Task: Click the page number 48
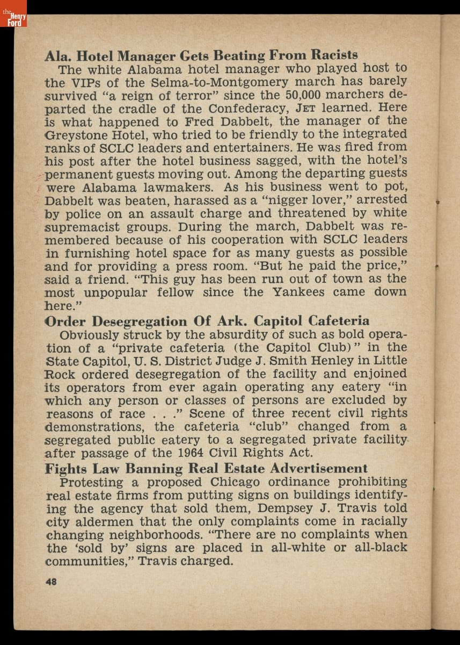52,581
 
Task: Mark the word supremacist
83,226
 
